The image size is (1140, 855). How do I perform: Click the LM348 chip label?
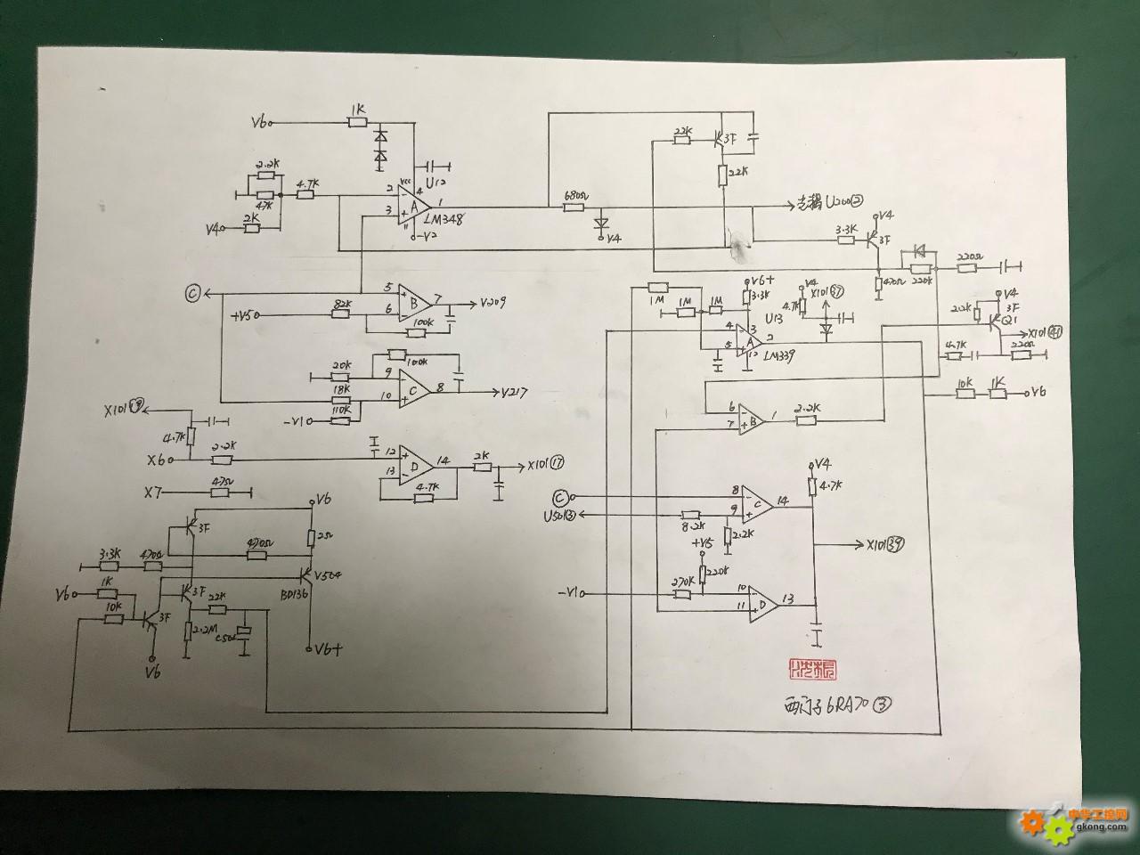click(x=449, y=218)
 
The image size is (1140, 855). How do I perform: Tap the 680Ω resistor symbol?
click(x=574, y=208)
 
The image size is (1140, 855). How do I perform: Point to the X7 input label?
click(x=154, y=492)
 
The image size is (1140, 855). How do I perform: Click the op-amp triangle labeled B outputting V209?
click(x=413, y=303)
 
